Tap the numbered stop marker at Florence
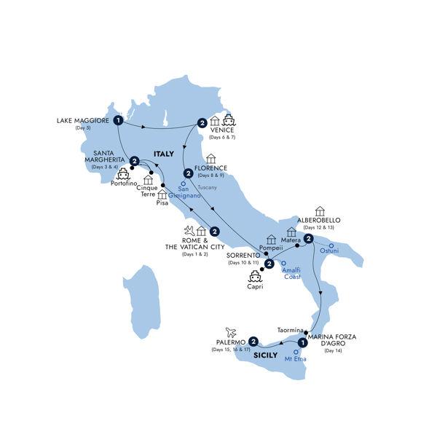click(188, 173)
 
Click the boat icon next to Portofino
click(123, 175)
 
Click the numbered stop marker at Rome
click(215, 232)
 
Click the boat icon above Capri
click(256, 276)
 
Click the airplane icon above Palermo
click(232, 331)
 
